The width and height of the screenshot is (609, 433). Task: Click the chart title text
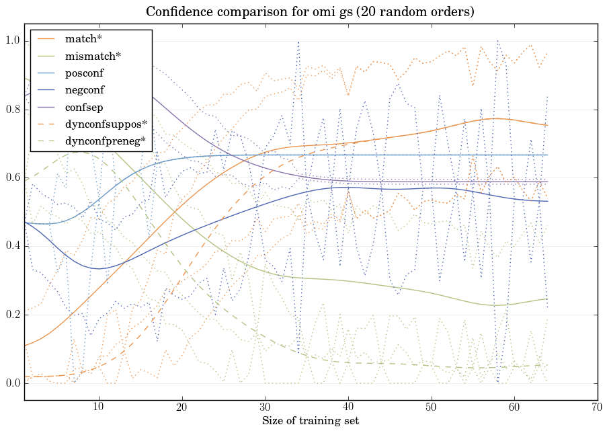point(304,12)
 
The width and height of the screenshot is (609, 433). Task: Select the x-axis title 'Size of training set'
point(310,422)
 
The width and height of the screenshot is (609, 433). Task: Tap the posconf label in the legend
point(84,73)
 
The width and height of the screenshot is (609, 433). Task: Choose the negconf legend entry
point(84,90)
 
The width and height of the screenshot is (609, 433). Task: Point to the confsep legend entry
point(83,107)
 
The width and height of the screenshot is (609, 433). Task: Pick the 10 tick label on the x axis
point(99,407)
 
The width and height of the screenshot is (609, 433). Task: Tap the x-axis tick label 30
point(265,407)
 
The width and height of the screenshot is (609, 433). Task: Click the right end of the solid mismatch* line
point(547,299)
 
